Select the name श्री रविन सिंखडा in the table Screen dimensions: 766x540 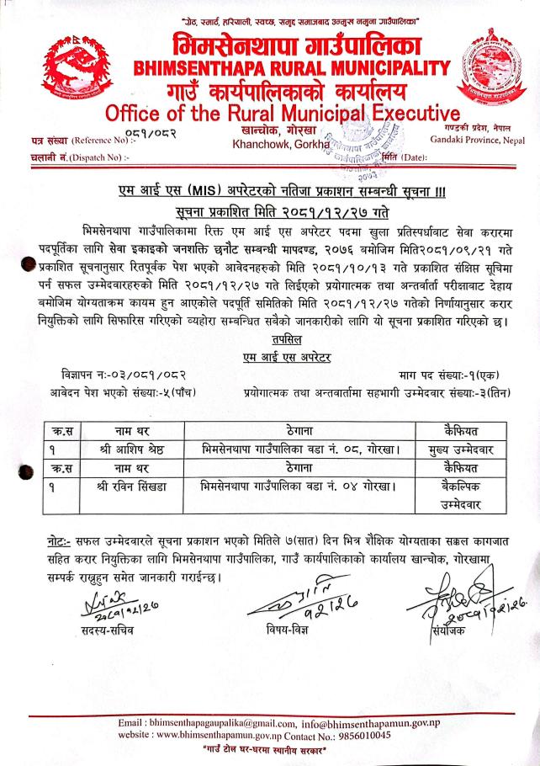[135, 486]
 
